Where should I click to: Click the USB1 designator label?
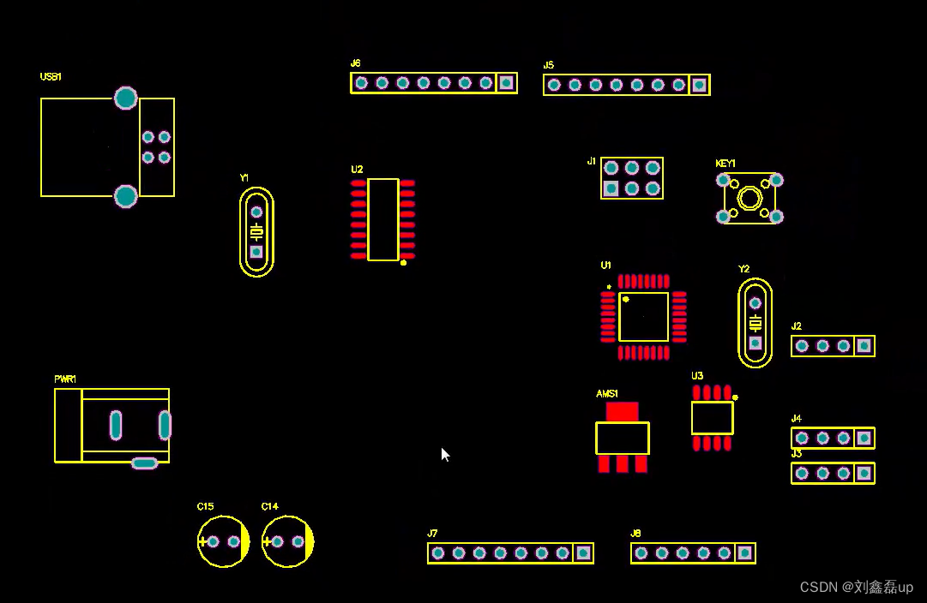(51, 77)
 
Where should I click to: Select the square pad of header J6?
(506, 83)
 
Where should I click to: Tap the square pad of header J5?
(699, 85)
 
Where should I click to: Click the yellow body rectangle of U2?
(382, 219)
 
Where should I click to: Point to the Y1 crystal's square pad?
(256, 252)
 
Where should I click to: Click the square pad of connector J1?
(611, 188)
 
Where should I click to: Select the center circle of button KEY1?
(749, 199)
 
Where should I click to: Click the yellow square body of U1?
(643, 317)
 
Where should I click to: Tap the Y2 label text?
(743, 269)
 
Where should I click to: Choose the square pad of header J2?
(864, 346)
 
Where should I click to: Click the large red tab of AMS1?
(622, 412)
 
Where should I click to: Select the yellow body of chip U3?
(712, 418)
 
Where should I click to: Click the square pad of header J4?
(864, 438)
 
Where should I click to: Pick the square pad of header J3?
(864, 473)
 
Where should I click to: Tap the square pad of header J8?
(744, 553)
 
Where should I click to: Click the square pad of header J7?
(583, 553)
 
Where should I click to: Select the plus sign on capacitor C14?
(267, 541)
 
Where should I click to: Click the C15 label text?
(205, 507)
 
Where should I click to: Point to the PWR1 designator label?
(65, 379)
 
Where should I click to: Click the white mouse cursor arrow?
(445, 455)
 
